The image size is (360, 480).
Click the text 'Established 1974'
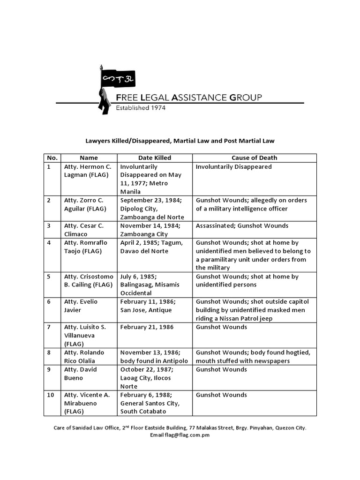click(141, 108)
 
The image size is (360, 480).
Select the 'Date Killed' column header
click(155, 158)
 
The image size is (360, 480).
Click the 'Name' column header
click(89, 158)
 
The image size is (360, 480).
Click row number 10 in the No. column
click(51, 395)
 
